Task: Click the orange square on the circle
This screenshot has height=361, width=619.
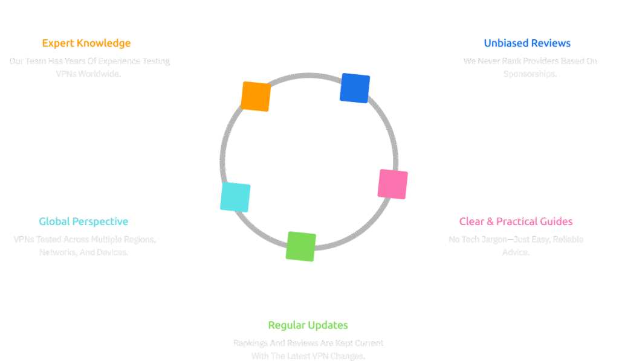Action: (256, 96)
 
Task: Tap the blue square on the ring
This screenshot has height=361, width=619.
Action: (355, 88)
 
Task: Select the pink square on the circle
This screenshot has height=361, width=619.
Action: (392, 184)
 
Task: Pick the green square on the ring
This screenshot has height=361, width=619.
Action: (301, 246)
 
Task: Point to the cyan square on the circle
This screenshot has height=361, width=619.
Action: (235, 197)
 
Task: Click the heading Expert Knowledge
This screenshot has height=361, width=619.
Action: (86, 43)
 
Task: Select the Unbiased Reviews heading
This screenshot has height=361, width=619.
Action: (527, 43)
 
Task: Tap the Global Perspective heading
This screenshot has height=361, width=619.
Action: (83, 222)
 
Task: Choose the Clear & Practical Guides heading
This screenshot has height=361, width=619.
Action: (516, 222)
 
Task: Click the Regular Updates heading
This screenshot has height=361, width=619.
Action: (308, 325)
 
